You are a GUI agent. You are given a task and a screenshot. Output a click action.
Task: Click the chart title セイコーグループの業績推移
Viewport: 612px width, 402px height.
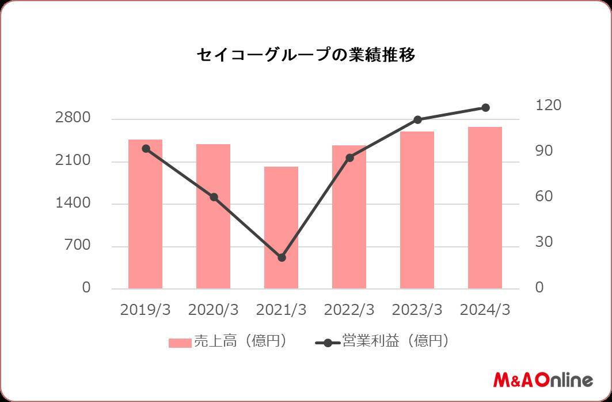306,55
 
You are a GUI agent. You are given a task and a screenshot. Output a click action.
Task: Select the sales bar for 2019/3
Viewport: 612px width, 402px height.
145,214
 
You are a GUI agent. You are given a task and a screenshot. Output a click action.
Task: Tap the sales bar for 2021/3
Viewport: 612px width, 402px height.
281,228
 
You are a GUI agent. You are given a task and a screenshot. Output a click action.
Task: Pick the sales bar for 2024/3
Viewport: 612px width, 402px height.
485,208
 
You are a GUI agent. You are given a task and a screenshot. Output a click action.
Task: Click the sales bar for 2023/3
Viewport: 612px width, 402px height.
417,210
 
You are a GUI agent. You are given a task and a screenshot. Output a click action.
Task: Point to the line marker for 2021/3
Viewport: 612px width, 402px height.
282,258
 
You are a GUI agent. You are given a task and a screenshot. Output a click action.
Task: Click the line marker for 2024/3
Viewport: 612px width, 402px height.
485,108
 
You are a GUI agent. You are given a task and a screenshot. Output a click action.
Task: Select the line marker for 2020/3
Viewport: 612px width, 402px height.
214,197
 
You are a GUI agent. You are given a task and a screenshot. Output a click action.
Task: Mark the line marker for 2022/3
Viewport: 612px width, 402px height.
349,157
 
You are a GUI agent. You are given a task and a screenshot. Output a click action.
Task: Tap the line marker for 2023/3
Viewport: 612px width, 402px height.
417,120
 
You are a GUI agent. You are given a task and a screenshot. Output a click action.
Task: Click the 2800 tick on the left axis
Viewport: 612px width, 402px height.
73,118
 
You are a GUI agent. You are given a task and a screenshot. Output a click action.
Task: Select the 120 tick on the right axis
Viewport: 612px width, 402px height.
548,106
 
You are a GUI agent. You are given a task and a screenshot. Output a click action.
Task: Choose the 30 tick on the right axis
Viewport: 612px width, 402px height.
543,242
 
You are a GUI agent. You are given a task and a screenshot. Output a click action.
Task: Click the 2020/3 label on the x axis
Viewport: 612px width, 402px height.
213,310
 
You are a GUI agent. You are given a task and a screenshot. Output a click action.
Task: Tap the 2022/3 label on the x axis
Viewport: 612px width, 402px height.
349,310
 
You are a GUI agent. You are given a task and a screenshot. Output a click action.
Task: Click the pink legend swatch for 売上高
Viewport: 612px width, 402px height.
180,343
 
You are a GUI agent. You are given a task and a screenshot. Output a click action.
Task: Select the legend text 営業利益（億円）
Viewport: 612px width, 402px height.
395,341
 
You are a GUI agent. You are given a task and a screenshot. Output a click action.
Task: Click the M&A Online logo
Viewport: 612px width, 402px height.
542,380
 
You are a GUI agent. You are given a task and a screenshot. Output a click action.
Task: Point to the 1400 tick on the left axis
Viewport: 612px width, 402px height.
73,203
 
